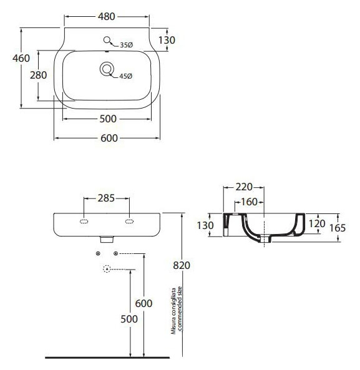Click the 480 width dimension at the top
[107, 16]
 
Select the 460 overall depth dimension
[21, 58]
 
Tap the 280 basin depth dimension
[38, 75]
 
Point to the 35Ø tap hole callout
[127, 45]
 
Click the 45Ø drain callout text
[126, 76]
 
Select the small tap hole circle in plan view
[107, 40]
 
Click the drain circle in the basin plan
[107, 69]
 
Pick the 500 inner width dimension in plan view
[108, 119]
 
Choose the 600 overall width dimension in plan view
[109, 139]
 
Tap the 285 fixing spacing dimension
[106, 198]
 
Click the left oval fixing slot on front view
[84, 222]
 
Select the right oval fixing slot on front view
[129, 222]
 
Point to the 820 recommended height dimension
[182, 265]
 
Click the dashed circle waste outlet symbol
[107, 269]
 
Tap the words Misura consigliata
[173, 311]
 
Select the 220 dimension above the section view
[244, 187]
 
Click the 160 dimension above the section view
[249, 202]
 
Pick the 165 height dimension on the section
[338, 228]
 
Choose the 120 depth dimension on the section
[317, 223]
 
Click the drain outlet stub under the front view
[107, 240]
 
